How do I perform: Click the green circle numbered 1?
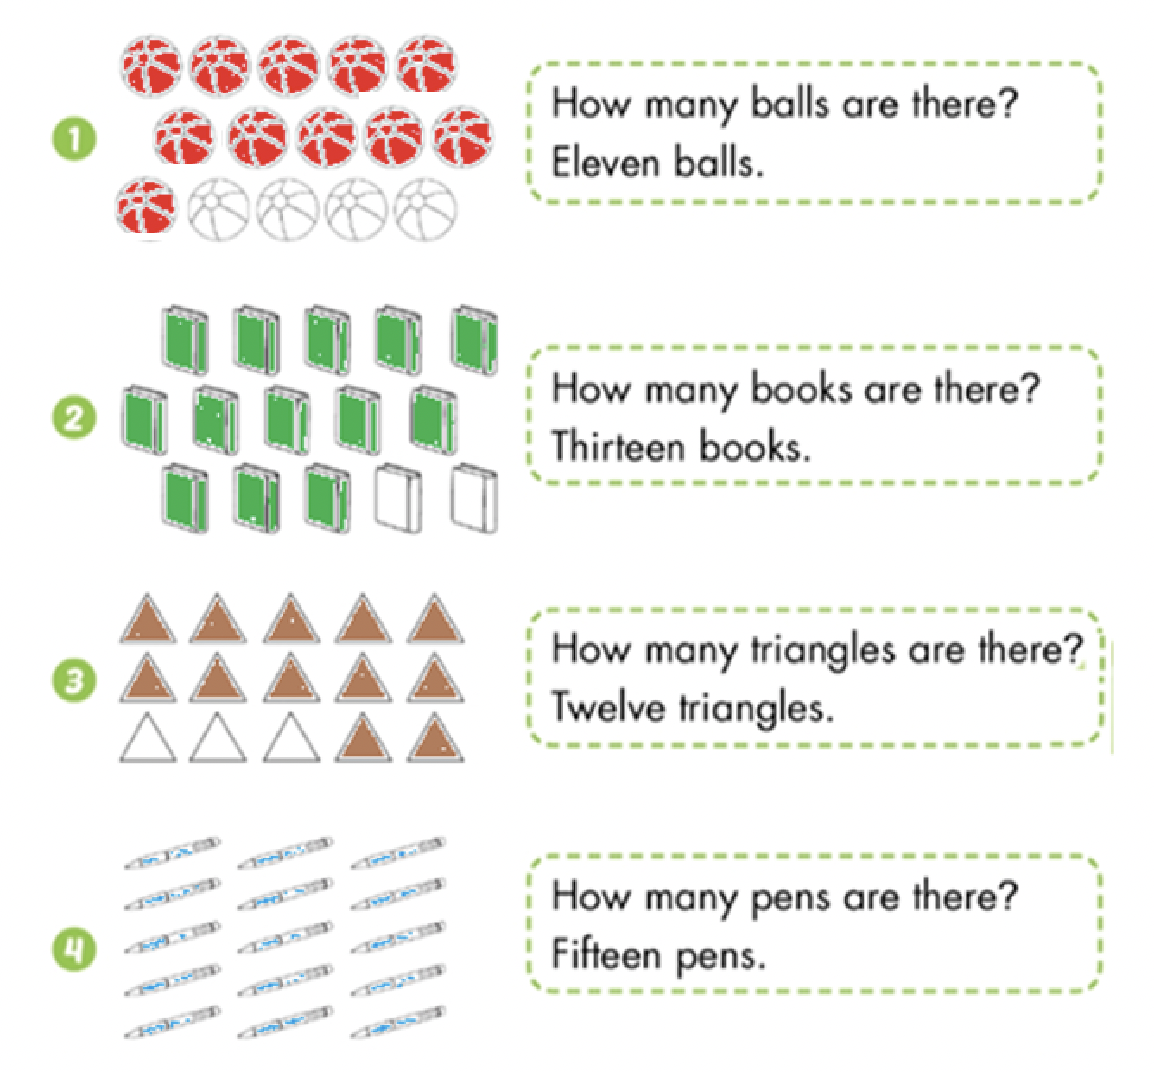(x=74, y=139)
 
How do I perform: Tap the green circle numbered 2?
(x=74, y=418)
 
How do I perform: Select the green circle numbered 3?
(x=74, y=680)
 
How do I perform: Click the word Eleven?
(x=606, y=163)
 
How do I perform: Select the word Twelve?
(x=608, y=707)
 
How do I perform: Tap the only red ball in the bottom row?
(x=146, y=207)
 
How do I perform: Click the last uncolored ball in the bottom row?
(x=425, y=209)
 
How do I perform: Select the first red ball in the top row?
(x=151, y=66)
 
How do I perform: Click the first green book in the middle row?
(x=145, y=419)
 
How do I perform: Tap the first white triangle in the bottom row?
(x=148, y=737)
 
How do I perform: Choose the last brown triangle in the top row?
(x=435, y=619)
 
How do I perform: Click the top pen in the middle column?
(x=285, y=853)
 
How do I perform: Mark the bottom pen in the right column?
(x=398, y=1022)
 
